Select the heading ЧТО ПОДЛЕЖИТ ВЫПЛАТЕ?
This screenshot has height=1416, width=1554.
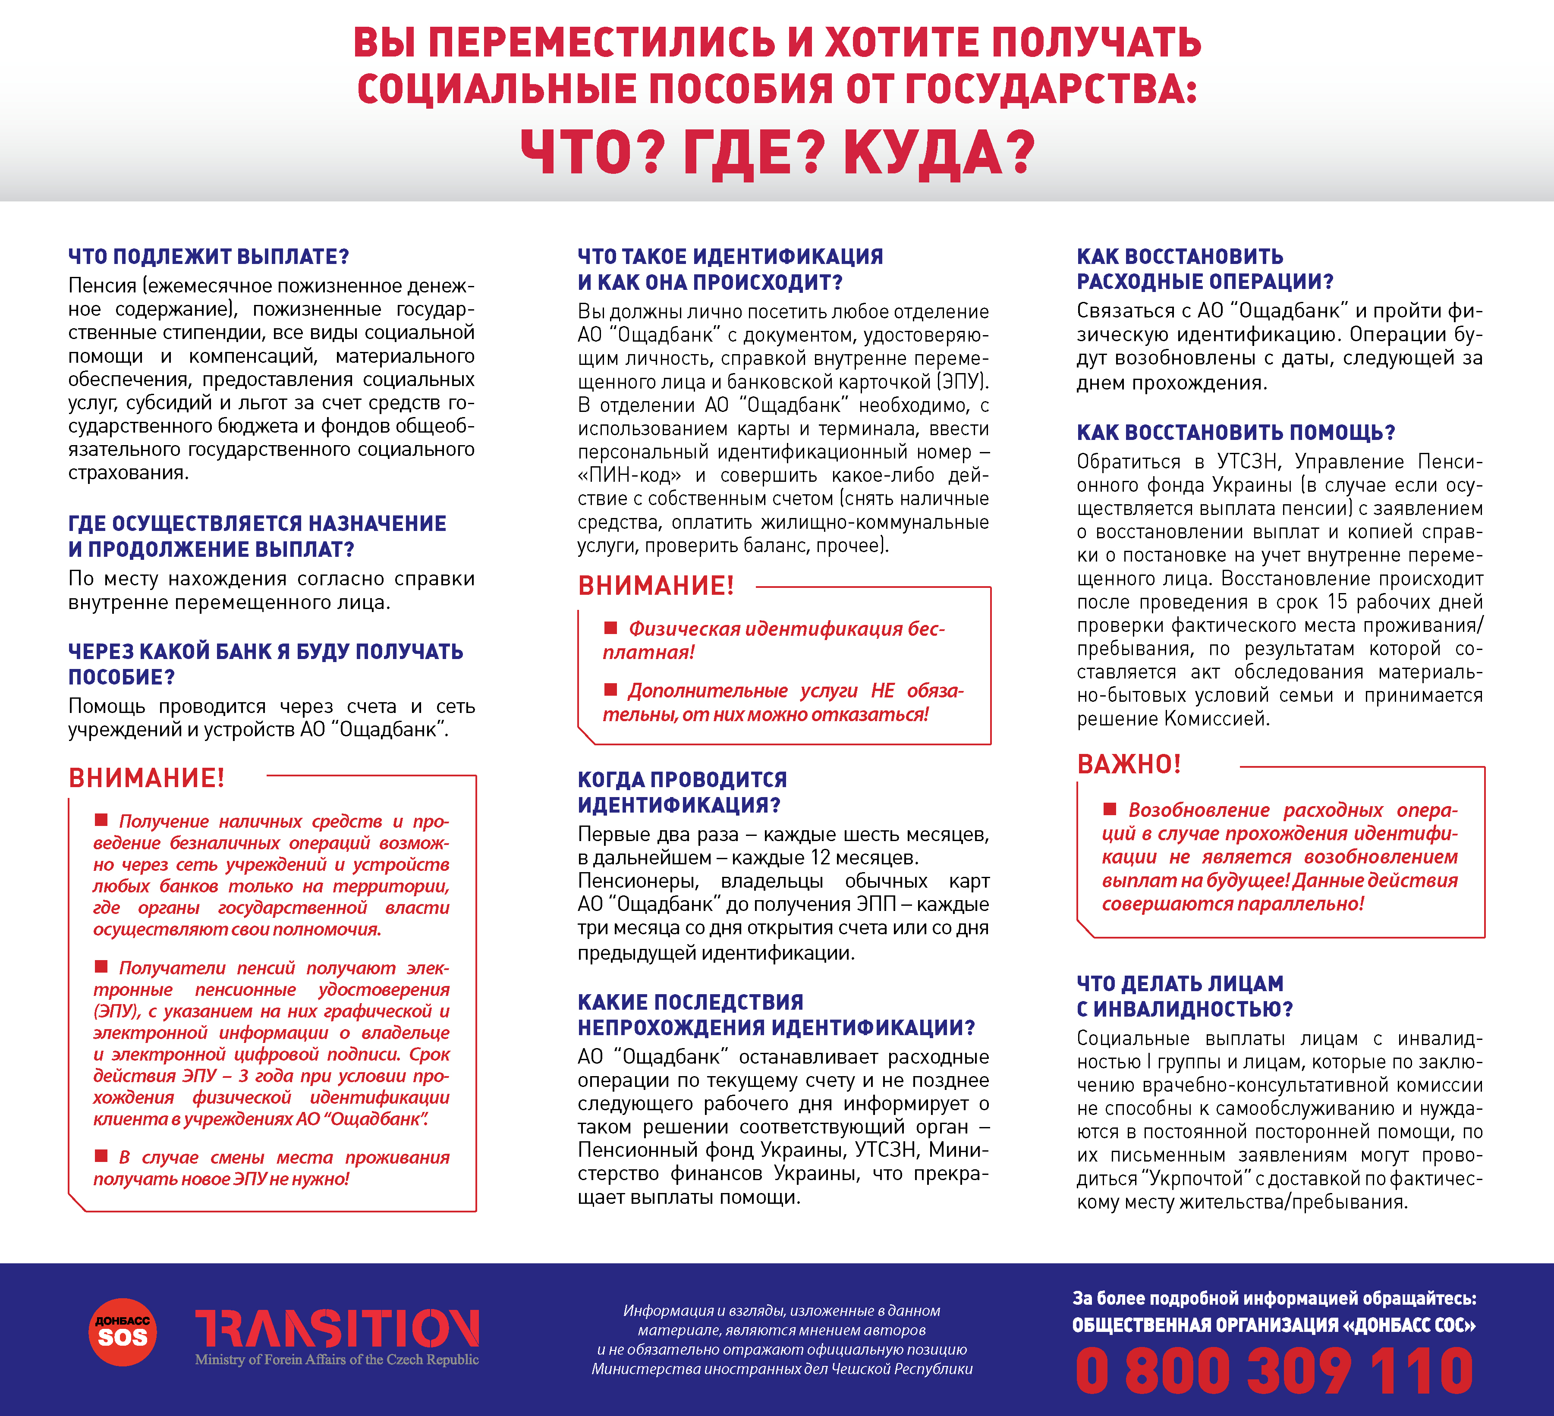pos(209,257)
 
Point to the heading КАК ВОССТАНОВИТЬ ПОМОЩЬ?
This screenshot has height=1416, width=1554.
pos(1236,433)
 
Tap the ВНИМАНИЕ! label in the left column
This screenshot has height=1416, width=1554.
pos(146,778)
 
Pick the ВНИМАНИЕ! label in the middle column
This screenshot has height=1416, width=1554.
pos(656,586)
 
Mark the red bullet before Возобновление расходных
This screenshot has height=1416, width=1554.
pos(1110,809)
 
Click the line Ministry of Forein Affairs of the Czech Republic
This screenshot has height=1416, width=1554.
pos(337,1360)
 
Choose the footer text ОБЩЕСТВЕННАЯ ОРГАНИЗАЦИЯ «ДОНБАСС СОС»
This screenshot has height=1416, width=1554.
pos(1274,1325)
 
